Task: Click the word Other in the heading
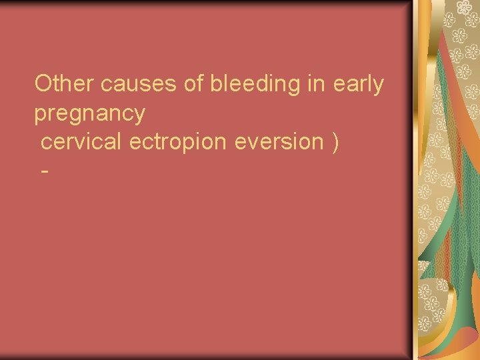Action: pyautogui.click(x=65, y=84)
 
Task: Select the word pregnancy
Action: pyautogui.click(x=89, y=114)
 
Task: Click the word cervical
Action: pyautogui.click(x=83, y=141)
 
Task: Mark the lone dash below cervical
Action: pyautogui.click(x=45, y=171)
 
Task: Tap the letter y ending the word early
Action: pyautogui.click(x=379, y=87)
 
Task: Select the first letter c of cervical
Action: pyautogui.click(x=45, y=143)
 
